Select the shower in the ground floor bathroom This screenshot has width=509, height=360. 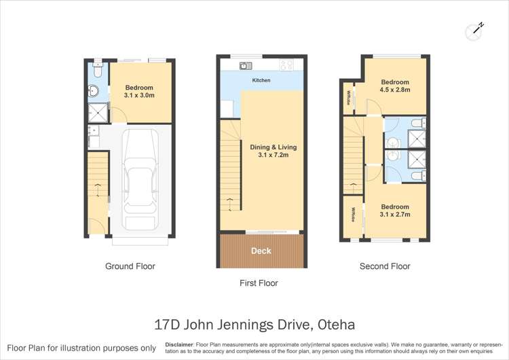[x=97, y=113]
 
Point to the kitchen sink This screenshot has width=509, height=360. [x=245, y=66]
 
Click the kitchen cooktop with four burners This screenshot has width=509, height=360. [x=286, y=66]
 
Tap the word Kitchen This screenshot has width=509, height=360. [x=261, y=81]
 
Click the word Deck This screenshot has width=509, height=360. [x=261, y=251]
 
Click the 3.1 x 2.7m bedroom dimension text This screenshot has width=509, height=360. [x=395, y=215]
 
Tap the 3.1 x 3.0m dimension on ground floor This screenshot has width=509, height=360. [x=138, y=96]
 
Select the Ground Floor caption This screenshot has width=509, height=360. [x=130, y=266]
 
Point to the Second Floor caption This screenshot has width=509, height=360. [x=385, y=266]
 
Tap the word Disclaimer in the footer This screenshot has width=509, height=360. [x=182, y=344]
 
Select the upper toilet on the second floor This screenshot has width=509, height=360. [x=421, y=124]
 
